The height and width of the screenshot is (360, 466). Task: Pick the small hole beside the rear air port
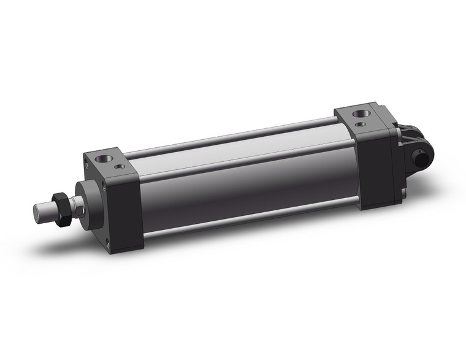(x=364, y=124)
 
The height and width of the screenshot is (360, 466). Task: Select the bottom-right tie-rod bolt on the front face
(x=107, y=243)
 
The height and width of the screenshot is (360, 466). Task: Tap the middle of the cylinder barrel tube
(x=245, y=178)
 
